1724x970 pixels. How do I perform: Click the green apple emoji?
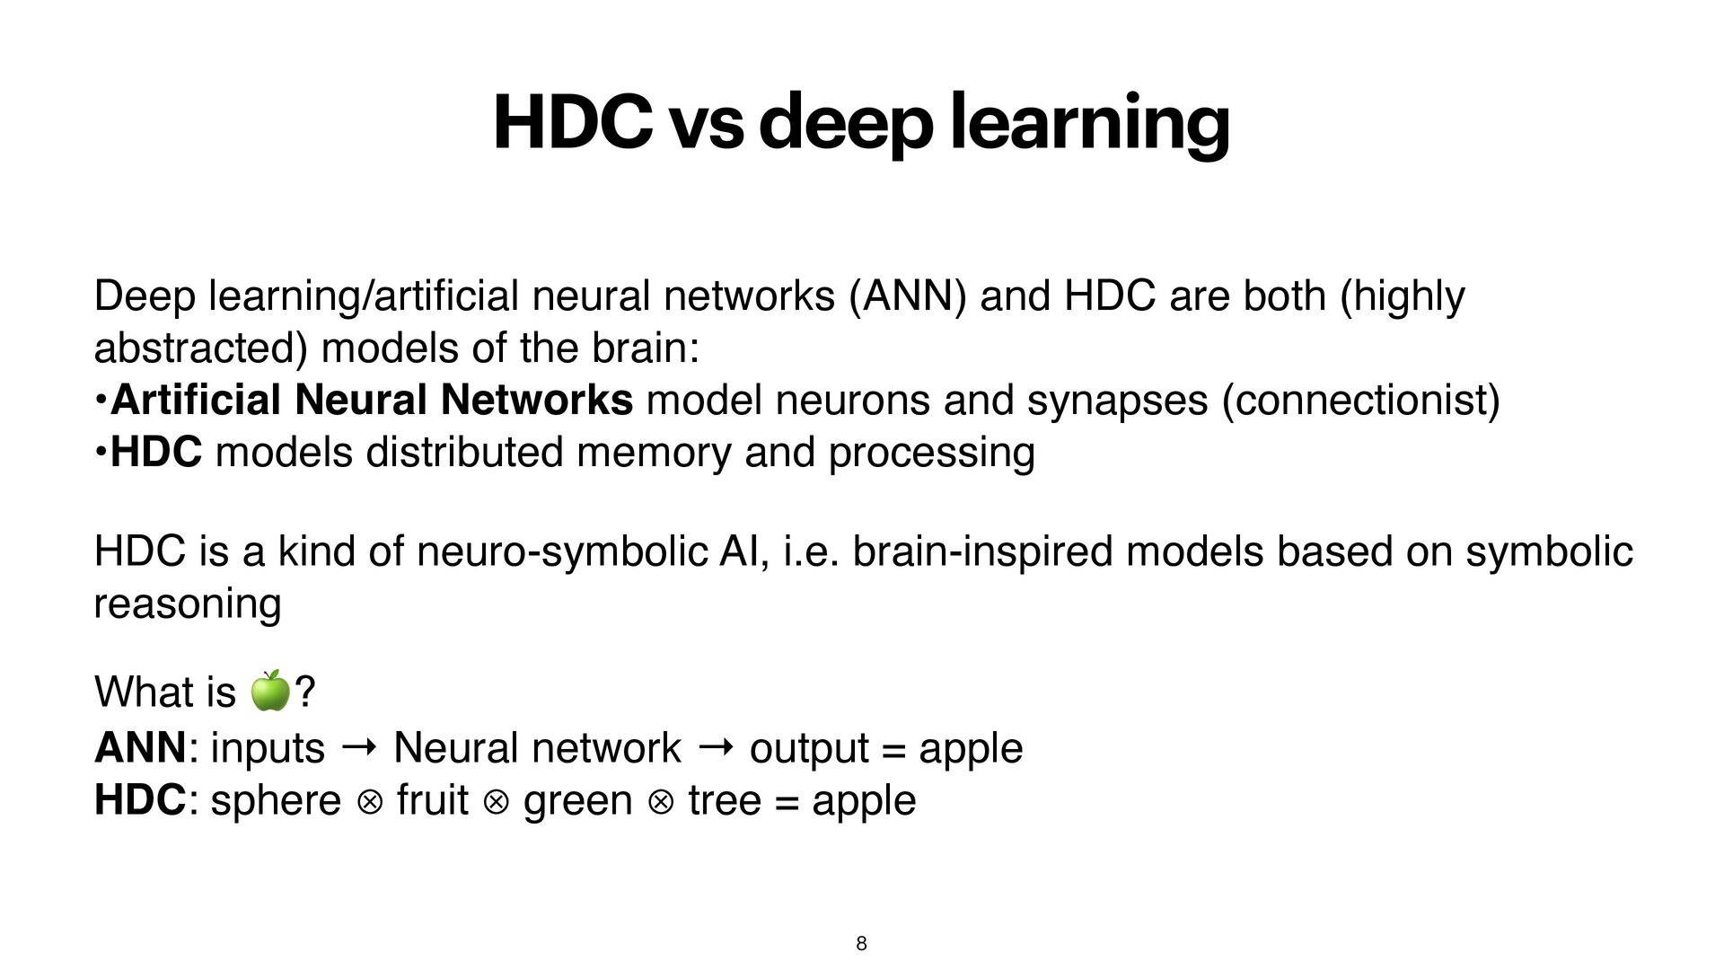(269, 691)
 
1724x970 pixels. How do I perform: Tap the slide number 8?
(861, 943)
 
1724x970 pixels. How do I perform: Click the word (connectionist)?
(1361, 401)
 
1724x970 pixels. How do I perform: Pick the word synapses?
(1117, 401)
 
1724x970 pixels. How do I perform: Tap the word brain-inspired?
(982, 551)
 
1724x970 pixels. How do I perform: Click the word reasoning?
(188, 604)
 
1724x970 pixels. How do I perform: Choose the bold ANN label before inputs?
(140, 748)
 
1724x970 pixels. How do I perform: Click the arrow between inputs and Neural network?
(359, 746)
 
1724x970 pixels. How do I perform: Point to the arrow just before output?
(715, 746)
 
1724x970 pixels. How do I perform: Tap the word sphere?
(276, 800)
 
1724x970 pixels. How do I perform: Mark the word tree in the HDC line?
(725, 800)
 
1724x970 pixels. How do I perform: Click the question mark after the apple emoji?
(305, 692)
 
